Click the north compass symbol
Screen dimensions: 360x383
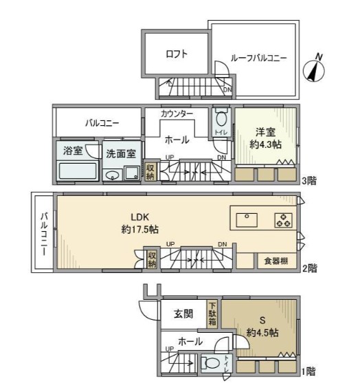coord(314,69)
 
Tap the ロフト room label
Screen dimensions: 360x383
coord(177,54)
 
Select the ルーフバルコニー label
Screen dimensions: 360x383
coord(258,58)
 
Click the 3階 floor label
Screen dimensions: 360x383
coord(309,181)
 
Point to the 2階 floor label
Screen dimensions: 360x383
coord(310,268)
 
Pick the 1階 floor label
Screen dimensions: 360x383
coord(308,371)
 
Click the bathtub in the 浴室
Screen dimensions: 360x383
coord(78,171)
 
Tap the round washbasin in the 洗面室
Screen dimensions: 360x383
coord(113,175)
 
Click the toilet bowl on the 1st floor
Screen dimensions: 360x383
coord(212,363)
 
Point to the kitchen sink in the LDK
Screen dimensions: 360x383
coord(247,220)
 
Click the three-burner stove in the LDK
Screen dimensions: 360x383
coord(283,220)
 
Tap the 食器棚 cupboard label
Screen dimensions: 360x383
coord(276,261)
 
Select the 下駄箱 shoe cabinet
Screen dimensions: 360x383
coord(212,314)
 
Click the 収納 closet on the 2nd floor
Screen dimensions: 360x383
coord(152,259)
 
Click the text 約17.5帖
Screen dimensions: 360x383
coord(140,230)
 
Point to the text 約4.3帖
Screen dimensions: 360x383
coord(266,144)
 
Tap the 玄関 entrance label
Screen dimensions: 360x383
coord(184,314)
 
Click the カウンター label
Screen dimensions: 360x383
coord(177,113)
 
